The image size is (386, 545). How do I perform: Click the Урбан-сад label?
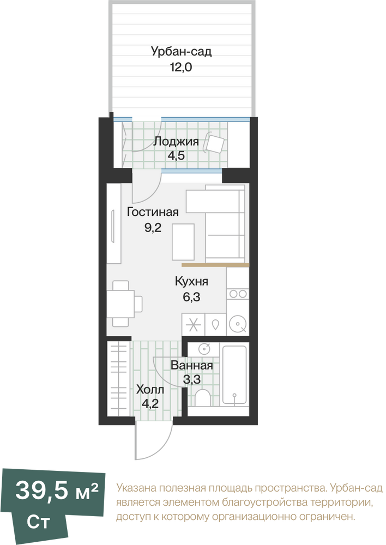tap(181, 51)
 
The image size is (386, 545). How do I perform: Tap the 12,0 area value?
tap(181, 66)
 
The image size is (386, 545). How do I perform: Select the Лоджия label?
tap(176, 142)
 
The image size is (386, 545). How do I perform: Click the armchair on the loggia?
tap(215, 142)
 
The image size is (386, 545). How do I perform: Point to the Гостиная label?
tap(153, 211)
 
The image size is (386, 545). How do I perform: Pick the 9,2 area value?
tap(153, 228)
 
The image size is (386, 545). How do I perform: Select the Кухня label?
tap(191, 281)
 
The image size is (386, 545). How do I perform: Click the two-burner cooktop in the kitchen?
tap(238, 294)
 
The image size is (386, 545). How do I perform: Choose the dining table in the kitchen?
tap(120, 304)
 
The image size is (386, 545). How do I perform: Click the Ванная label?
tap(191, 365)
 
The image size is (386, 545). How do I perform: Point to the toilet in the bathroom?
tap(202, 398)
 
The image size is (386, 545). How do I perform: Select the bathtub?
tap(234, 375)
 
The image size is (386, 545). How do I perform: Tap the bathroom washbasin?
tap(204, 348)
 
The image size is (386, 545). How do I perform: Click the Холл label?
tap(150, 390)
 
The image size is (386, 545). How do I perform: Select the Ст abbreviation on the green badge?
tap(38, 522)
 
